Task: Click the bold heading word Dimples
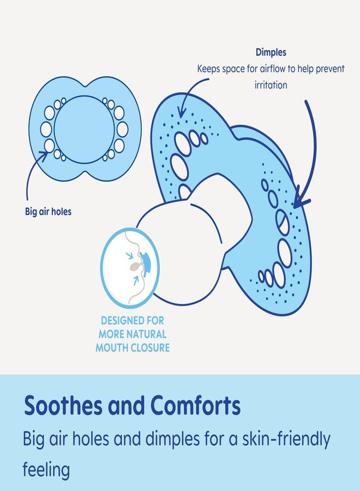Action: [271, 52]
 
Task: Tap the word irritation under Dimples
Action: [271, 85]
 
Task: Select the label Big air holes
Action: [48, 212]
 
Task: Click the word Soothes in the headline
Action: [63, 405]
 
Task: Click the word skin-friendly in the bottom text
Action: [286, 439]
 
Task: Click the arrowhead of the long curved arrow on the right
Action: [300, 199]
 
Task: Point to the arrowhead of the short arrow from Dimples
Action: [181, 111]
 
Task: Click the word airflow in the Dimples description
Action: [273, 69]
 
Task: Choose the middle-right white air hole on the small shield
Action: [122, 129]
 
